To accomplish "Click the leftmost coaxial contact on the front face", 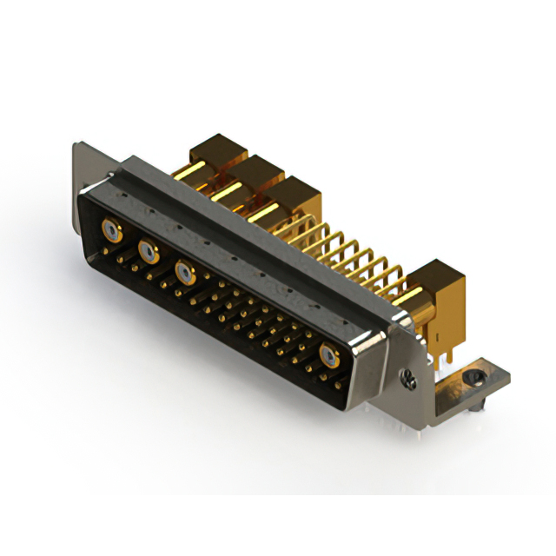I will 111,230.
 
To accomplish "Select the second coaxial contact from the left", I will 149,252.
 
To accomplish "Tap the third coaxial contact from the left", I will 184,272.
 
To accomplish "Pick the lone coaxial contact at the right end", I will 329,354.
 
